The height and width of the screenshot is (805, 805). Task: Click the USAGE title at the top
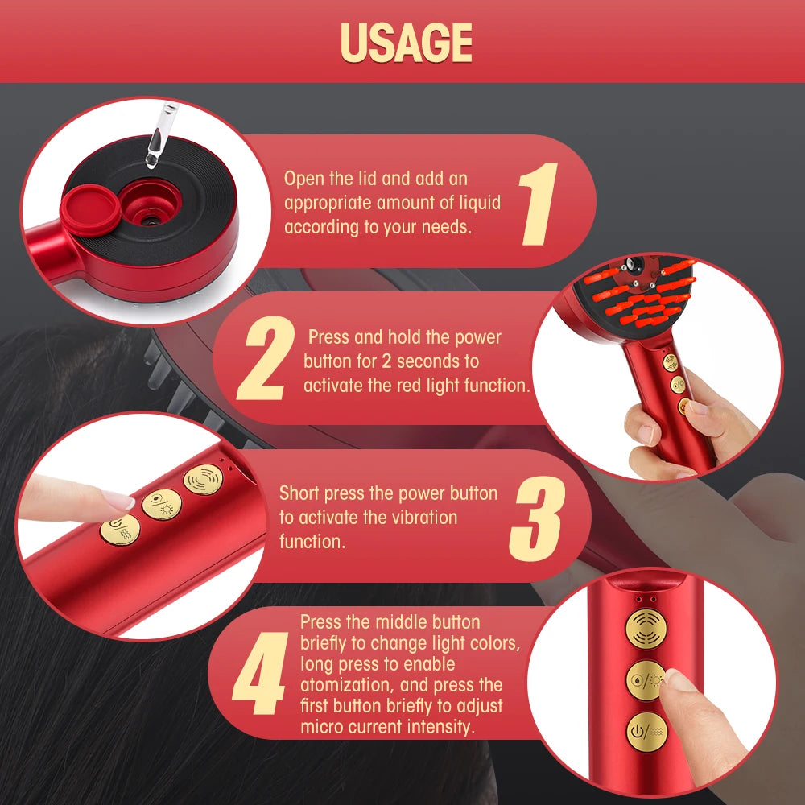point(406,42)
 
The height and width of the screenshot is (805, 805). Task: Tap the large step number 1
point(539,204)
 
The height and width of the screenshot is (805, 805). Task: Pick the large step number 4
point(258,675)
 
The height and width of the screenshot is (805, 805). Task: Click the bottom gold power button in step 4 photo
point(646,731)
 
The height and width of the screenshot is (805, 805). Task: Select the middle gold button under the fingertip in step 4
point(646,679)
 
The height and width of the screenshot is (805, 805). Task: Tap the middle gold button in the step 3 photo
point(161,505)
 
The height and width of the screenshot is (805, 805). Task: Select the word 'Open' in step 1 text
point(303,178)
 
